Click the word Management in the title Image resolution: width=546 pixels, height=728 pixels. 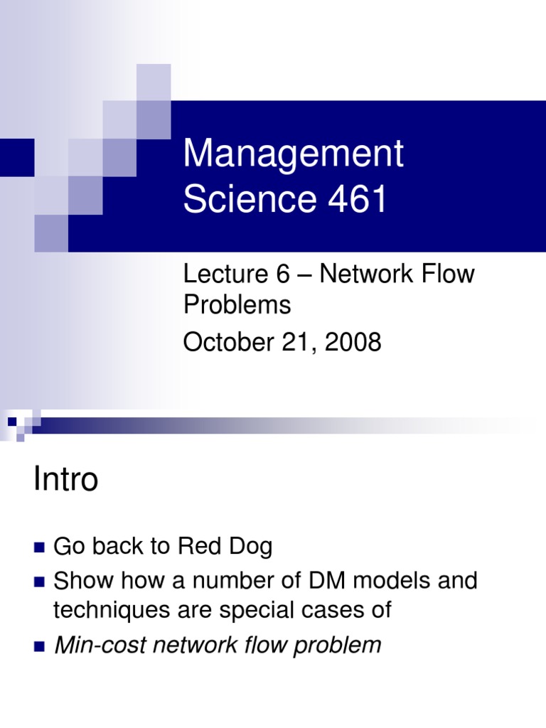(293, 155)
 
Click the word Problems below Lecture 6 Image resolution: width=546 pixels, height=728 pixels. (237, 305)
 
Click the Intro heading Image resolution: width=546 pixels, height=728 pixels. (65, 481)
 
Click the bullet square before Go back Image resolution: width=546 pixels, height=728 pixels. (39, 547)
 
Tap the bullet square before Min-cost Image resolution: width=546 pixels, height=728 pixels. (39, 646)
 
